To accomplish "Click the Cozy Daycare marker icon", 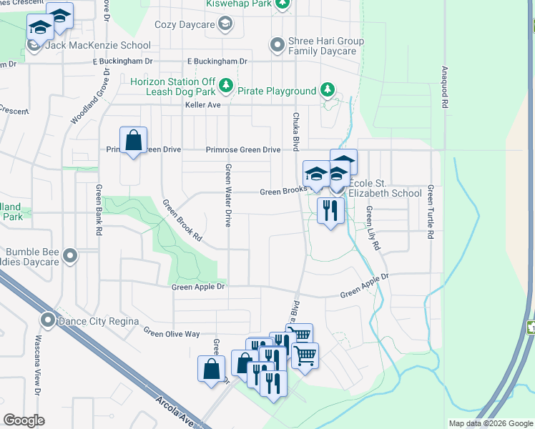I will coord(225,25).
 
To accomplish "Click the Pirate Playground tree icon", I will coord(327,90).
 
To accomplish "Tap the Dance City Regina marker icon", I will coord(48,320).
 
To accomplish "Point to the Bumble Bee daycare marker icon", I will coord(69,255).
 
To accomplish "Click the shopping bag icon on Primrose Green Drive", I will coord(134,140).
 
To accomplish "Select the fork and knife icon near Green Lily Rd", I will coord(330,211).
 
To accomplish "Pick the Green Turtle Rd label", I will coord(431,211).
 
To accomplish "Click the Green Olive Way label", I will coord(171,333).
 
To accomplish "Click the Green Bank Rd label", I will coord(99,210).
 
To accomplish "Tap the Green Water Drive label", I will coord(228,195).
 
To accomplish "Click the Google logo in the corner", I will coord(24,420).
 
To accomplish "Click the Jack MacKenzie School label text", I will coord(98,45).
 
